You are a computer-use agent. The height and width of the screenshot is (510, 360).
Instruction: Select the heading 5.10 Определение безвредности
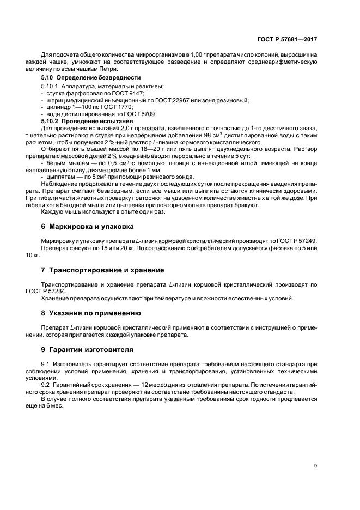(87, 78)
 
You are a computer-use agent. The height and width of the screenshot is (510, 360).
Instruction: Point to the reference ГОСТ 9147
(109, 94)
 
